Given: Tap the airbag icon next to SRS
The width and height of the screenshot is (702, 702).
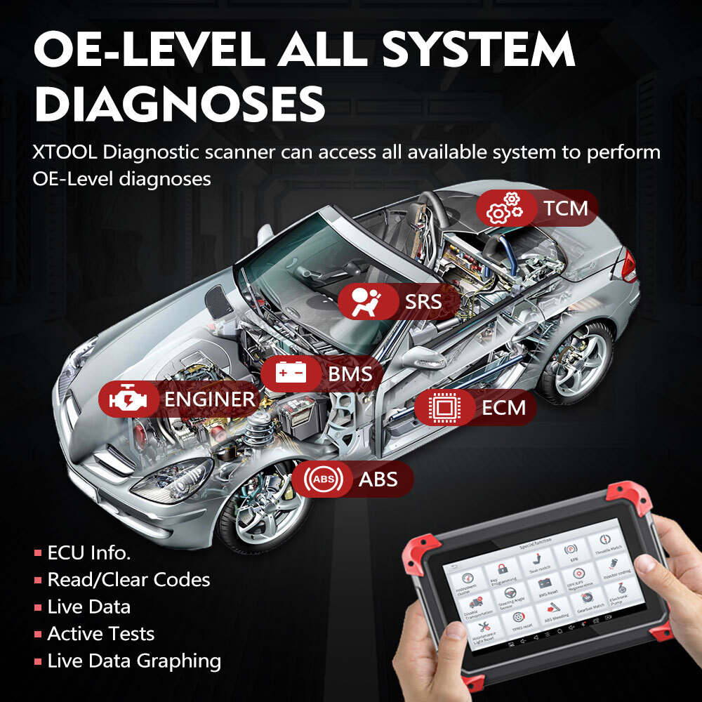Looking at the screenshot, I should pyautogui.click(x=362, y=301).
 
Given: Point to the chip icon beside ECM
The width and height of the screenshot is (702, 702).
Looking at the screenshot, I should pyautogui.click(x=443, y=407).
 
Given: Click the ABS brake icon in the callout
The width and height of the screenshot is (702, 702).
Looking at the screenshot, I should pyautogui.click(x=324, y=480).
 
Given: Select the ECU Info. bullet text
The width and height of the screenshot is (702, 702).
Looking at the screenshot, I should pyautogui.click(x=89, y=552).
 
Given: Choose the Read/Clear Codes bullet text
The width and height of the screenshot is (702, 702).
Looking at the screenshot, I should pyautogui.click(x=128, y=580).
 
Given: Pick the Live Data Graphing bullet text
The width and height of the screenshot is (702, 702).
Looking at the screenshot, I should pyautogui.click(x=134, y=661).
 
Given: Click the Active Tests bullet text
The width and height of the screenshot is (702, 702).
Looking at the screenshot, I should pyautogui.click(x=100, y=634).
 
